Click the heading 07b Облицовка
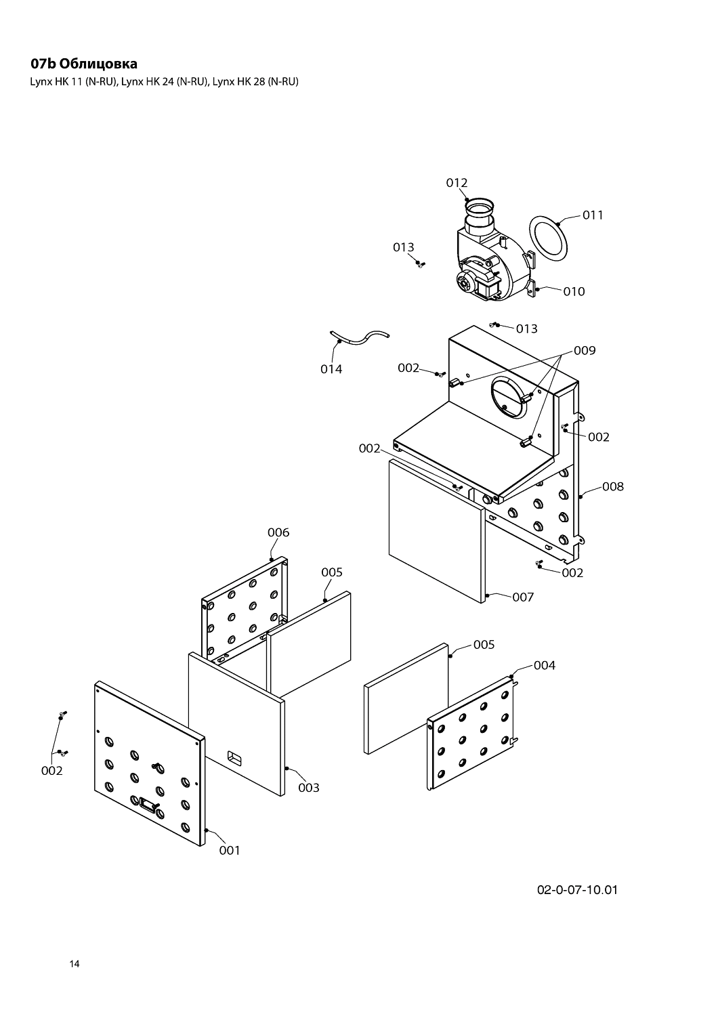[84, 64]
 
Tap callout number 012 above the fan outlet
[457, 183]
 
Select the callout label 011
[593, 215]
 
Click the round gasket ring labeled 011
[548, 238]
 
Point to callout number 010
[574, 292]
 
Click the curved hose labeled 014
[359, 337]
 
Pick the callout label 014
[331, 369]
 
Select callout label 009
[585, 351]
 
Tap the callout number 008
[613, 487]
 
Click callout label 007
[523, 597]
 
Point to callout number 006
[278, 532]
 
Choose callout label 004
[545, 665]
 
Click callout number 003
[308, 788]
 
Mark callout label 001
[230, 851]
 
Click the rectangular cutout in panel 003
[234, 757]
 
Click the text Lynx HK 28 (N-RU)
[255, 82]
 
